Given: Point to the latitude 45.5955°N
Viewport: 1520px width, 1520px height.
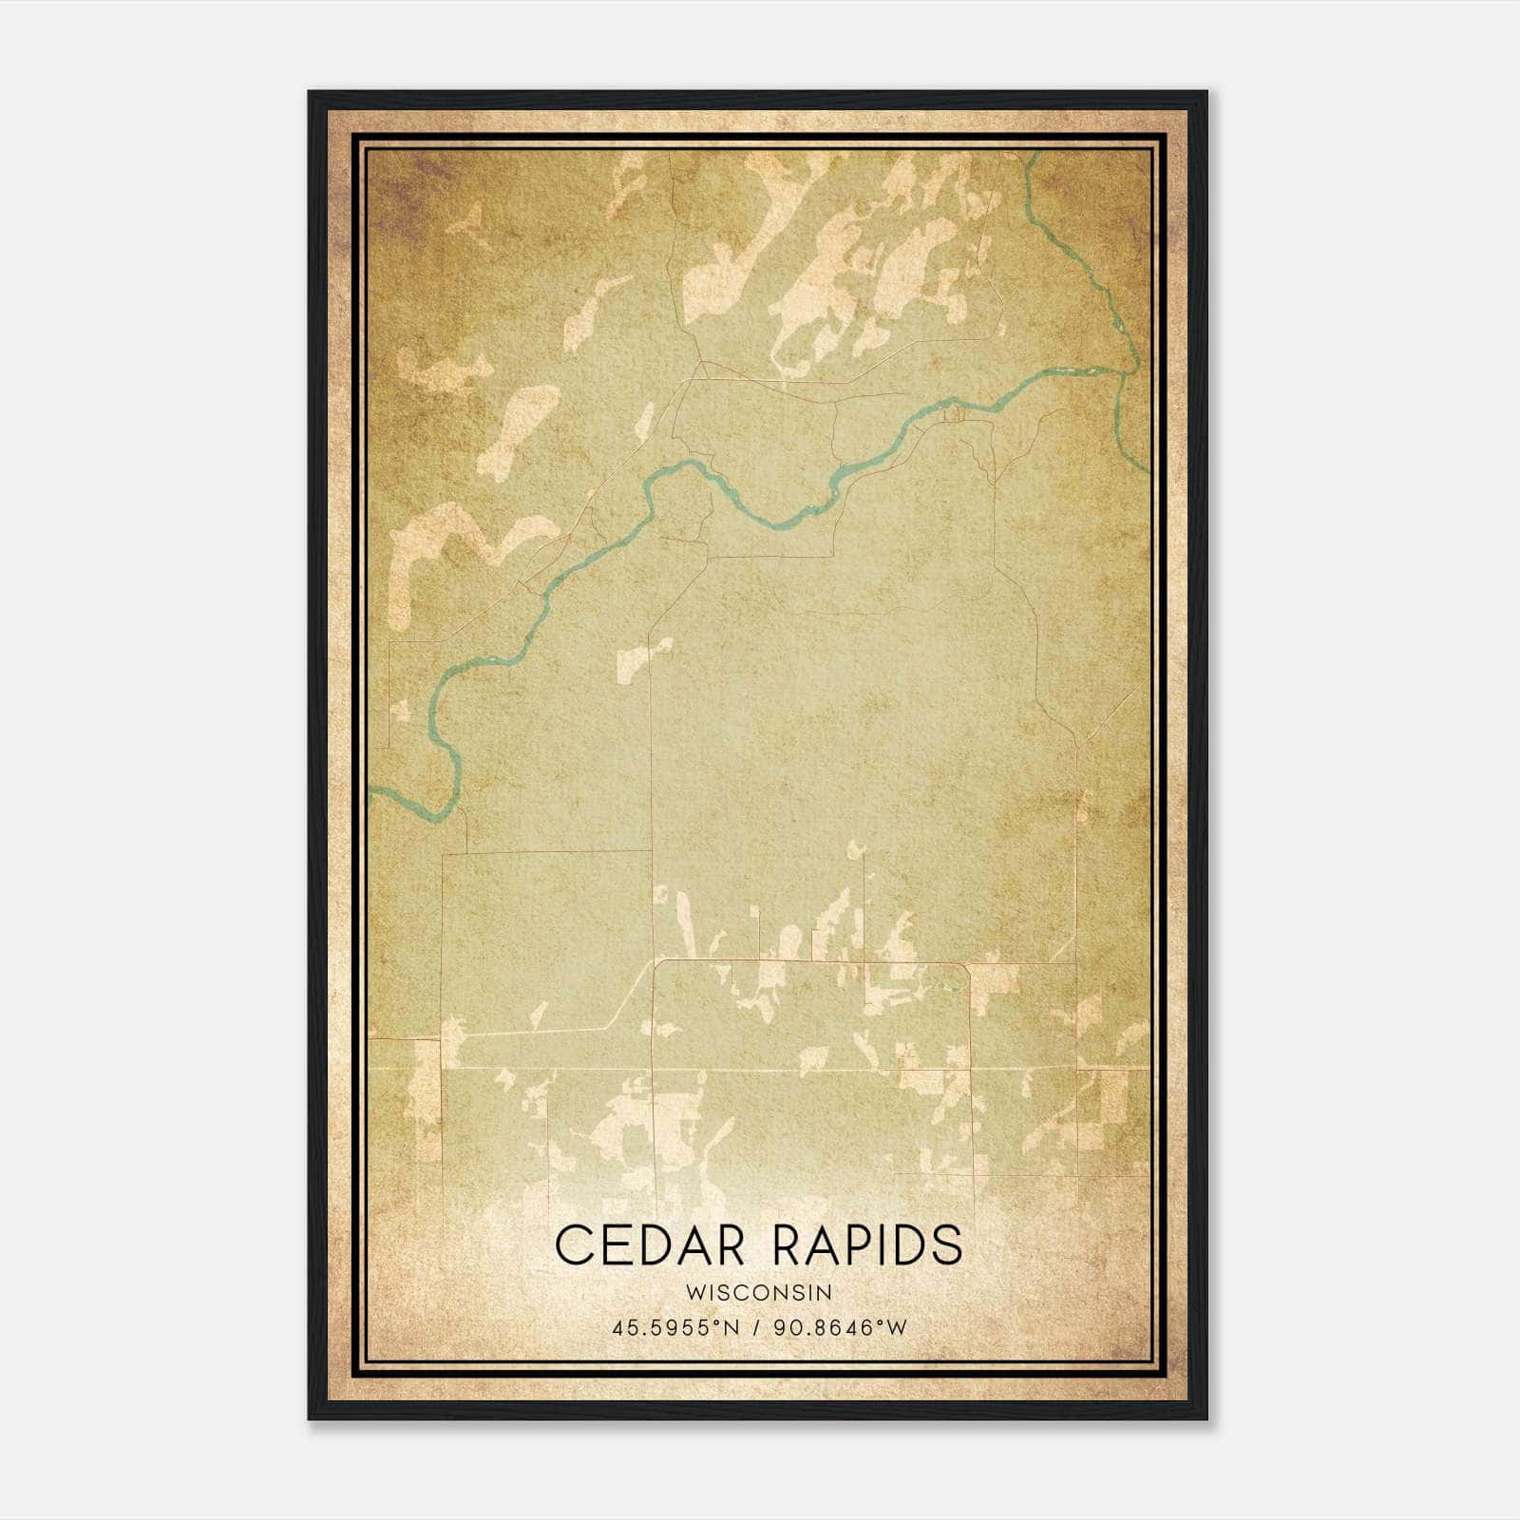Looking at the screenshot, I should click(x=675, y=1327).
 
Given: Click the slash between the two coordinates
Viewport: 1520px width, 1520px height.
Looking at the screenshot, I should click(x=756, y=1327).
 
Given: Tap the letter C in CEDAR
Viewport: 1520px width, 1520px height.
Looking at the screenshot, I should click(x=573, y=1244).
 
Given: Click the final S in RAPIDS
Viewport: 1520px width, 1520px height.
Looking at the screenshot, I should click(x=946, y=1244).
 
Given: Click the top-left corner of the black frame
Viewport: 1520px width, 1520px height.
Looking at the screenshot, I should click(x=309, y=91).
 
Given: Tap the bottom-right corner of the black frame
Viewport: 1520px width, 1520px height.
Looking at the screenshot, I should click(x=1207, y=1419).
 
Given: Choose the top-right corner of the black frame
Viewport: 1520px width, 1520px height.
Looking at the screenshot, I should click(x=1207, y=91).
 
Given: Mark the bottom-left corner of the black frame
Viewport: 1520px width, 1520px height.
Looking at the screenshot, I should click(x=309, y=1419).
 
